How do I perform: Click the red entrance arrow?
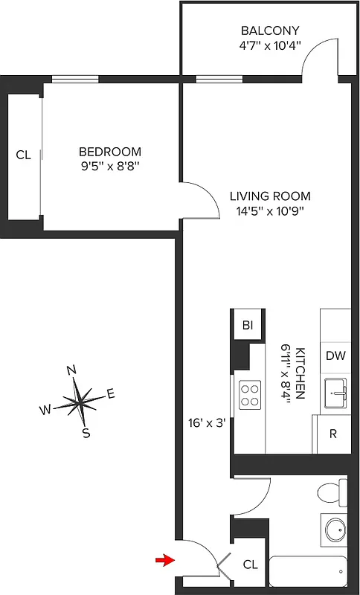(x=164, y=559)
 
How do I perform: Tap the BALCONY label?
(x=270, y=30)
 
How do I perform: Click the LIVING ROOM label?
(x=269, y=196)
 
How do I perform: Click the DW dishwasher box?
(x=335, y=356)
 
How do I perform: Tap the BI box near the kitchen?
(x=247, y=325)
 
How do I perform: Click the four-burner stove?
(x=249, y=394)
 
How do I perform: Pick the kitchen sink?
(x=336, y=393)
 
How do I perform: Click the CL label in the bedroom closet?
(x=24, y=155)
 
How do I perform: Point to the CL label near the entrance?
(x=250, y=565)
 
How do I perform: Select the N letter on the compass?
(x=72, y=370)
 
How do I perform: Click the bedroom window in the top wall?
(x=75, y=79)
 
